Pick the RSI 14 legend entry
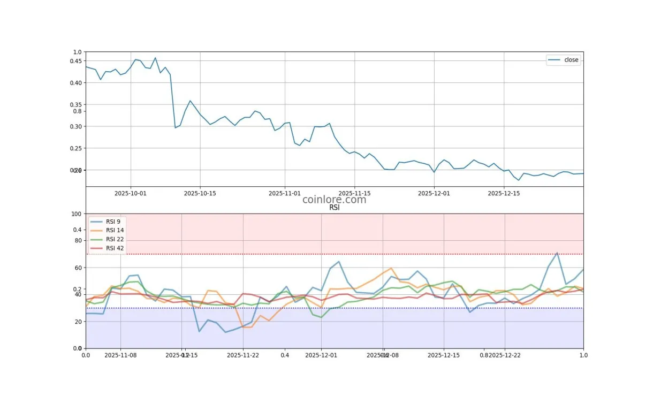click(x=115, y=231)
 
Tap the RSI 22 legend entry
click(x=115, y=239)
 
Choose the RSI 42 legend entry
click(x=115, y=248)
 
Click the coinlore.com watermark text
click(x=335, y=200)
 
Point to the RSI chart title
click(x=335, y=208)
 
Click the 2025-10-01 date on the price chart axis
click(x=130, y=193)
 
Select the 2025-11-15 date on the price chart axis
click(x=354, y=193)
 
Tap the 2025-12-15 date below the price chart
click(x=504, y=193)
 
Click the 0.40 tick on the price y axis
click(x=75, y=83)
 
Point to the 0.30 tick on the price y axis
click(x=75, y=127)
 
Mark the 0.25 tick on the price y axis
click(x=75, y=149)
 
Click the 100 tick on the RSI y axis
click(x=76, y=214)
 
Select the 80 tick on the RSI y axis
click(x=78, y=241)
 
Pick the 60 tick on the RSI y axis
click(x=78, y=268)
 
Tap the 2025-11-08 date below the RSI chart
click(x=121, y=355)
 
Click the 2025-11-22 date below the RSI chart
click(x=244, y=355)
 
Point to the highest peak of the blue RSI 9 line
click(x=557, y=253)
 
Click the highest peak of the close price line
click(x=155, y=58)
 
